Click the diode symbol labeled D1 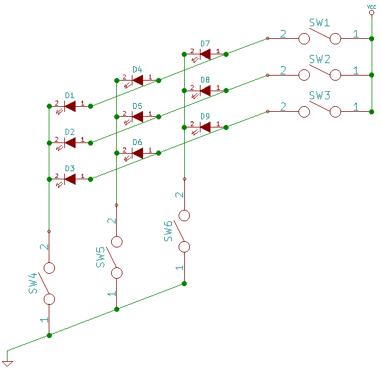tap(70, 106)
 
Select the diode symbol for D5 tap(137, 116)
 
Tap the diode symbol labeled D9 tap(205, 127)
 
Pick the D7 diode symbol tap(205, 54)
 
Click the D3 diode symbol tap(70, 179)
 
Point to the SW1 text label tap(320, 23)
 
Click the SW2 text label tap(320, 59)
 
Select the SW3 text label tap(320, 96)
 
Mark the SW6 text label tap(168, 231)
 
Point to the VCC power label tap(371, 6)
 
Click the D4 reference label tap(137, 69)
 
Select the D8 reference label tap(205, 80)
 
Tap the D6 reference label tap(137, 142)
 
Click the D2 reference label tap(70, 132)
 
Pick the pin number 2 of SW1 tap(283, 34)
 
